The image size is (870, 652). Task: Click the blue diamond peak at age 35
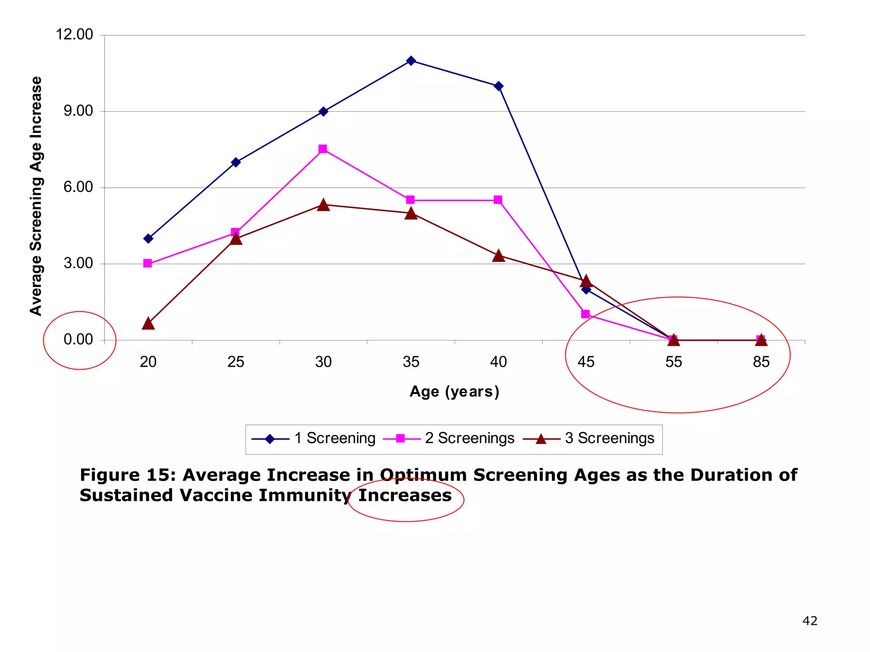point(411,61)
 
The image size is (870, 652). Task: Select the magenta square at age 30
point(323,149)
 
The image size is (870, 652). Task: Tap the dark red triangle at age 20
point(148,324)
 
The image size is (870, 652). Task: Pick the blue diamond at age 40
point(499,86)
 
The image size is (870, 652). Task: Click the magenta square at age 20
point(147,263)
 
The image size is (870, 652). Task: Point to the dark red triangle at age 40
point(499,256)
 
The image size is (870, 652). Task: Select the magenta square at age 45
point(585,314)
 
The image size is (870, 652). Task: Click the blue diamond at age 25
point(236,162)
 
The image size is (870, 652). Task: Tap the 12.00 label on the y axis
point(74,34)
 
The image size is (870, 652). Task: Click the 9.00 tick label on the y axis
point(78,111)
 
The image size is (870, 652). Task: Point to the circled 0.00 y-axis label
point(78,340)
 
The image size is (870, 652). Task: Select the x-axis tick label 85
point(761,362)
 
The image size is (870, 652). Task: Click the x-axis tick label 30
point(323,362)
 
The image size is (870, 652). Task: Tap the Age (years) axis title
point(454,391)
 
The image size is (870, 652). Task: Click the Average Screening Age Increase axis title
point(36,196)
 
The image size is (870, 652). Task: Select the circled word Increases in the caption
point(405,496)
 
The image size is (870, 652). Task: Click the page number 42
point(810,621)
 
